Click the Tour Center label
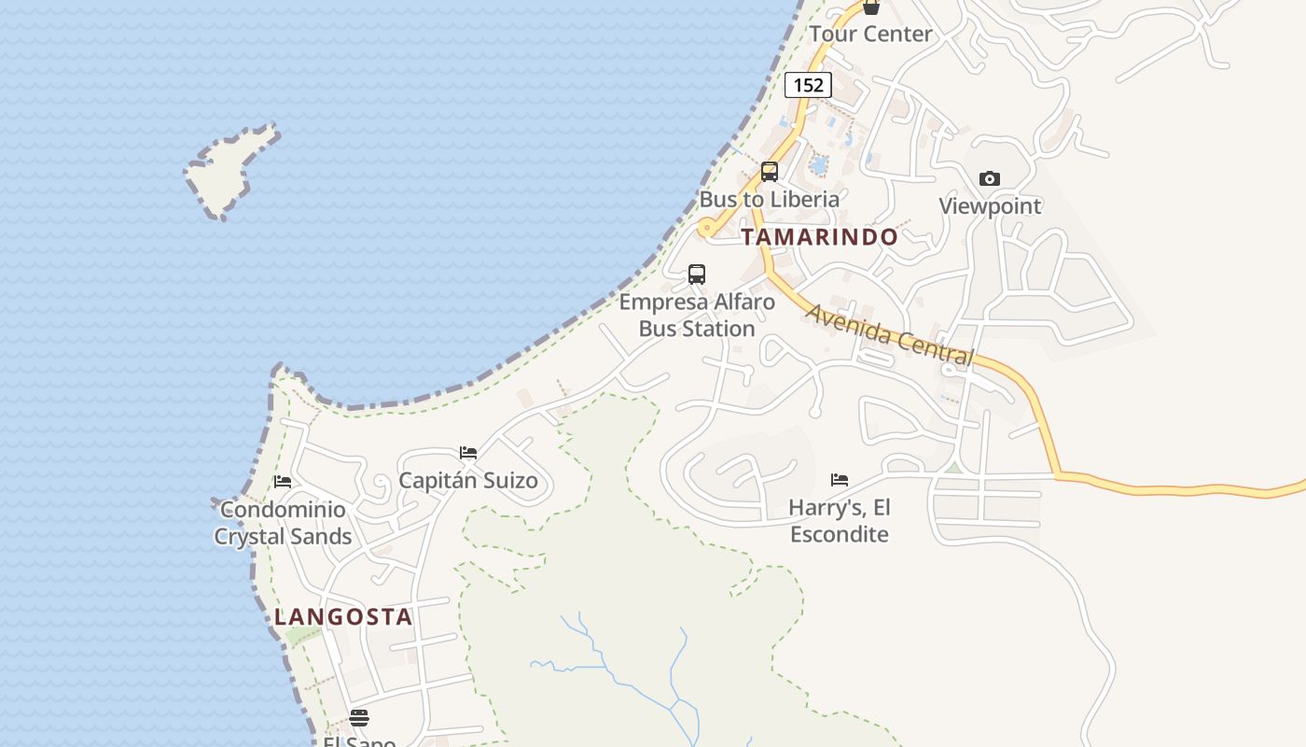[870, 35]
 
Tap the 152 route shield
[808, 85]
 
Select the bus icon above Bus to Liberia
[770, 172]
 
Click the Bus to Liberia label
[770, 199]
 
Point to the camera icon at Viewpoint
[990, 178]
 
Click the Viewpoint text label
[990, 206]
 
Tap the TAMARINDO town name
[820, 237]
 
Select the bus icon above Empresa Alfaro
[697, 275]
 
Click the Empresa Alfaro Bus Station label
[697, 316]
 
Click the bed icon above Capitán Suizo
[468, 453]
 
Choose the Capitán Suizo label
[468, 481]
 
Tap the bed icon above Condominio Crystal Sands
[283, 482]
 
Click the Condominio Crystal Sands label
[283, 523]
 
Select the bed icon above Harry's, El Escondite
[840, 480]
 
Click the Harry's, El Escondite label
[840, 521]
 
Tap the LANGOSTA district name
[343, 617]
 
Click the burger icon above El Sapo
[359, 718]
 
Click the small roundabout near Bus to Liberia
[707, 227]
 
